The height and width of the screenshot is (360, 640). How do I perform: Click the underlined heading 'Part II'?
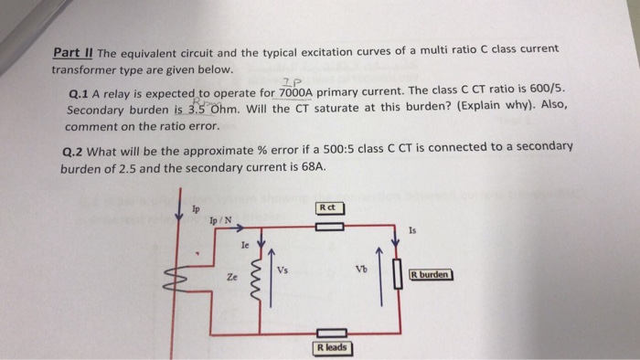pos(73,53)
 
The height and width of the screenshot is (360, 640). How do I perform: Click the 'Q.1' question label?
pos(79,95)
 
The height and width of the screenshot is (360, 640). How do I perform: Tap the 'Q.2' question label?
pos(72,152)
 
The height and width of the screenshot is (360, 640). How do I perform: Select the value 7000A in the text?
pos(295,93)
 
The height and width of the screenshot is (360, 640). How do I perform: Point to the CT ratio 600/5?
pos(547,89)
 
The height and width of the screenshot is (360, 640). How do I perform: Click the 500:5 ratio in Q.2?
pos(339,149)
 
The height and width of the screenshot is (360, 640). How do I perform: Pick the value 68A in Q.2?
pos(314,166)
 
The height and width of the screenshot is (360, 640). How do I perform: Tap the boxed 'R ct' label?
pos(331,208)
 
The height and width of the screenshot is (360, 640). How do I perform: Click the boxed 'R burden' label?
pos(432,275)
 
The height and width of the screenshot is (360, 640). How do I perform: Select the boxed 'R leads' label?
pos(333,348)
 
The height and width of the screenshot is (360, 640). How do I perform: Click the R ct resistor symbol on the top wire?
pos(330,227)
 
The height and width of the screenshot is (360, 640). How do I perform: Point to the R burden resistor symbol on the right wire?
pos(398,274)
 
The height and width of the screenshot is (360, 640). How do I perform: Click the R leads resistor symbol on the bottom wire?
pos(332,334)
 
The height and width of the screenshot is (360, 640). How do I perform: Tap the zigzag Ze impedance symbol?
pos(258,281)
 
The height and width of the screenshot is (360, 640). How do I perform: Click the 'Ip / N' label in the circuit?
pos(220,220)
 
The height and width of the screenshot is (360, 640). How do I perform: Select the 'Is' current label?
pos(412,231)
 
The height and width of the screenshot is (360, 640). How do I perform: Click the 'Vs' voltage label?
pos(283,270)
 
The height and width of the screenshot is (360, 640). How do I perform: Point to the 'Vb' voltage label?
pos(361,269)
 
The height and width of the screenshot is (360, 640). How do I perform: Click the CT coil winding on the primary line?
pos(176,278)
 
